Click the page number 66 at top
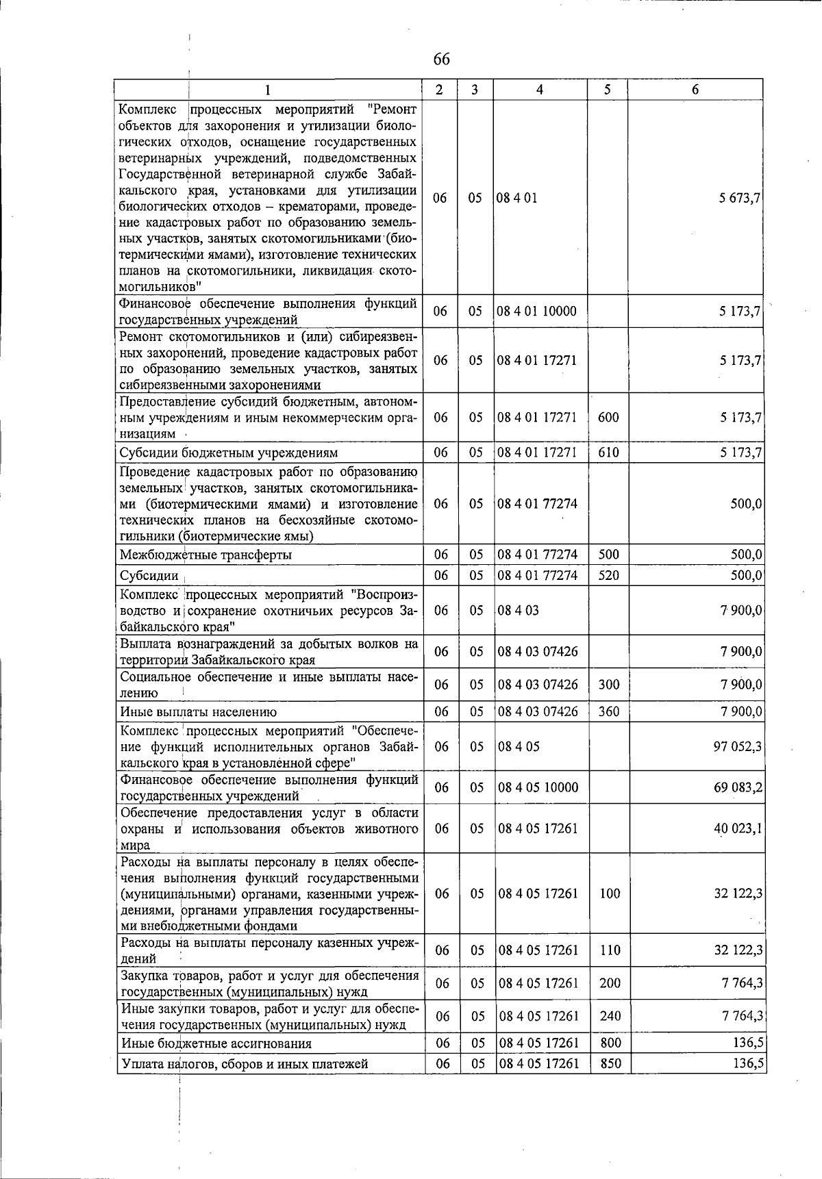(x=442, y=60)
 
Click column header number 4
(x=540, y=90)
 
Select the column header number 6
(x=695, y=90)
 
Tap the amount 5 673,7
(x=740, y=199)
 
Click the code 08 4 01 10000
(x=537, y=312)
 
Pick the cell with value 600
(x=608, y=418)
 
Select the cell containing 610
(x=608, y=453)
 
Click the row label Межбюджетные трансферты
(x=206, y=555)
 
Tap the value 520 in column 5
(x=608, y=575)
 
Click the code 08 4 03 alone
(x=519, y=610)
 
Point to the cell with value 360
(x=609, y=712)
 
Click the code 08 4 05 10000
(x=538, y=787)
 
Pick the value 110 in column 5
(x=610, y=950)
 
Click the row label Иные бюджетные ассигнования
(x=216, y=1043)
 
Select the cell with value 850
(x=610, y=1063)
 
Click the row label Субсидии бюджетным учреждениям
(x=228, y=453)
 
